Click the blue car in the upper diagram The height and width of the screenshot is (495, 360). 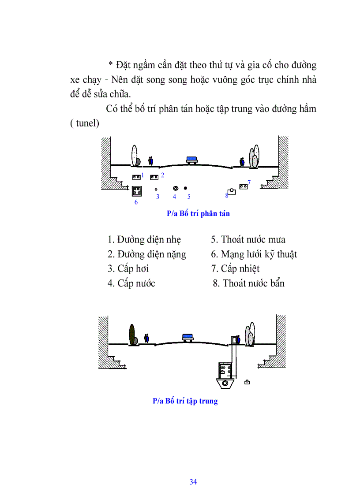click(192, 159)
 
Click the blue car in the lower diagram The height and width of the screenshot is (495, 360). click(188, 337)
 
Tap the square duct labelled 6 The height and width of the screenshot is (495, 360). click(137, 192)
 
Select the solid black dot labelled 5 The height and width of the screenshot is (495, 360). click(185, 188)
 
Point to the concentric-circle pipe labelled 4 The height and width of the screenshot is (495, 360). click(175, 188)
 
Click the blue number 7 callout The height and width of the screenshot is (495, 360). click(249, 182)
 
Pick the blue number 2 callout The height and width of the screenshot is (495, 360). click(162, 175)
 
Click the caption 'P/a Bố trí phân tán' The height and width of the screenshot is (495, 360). click(198, 213)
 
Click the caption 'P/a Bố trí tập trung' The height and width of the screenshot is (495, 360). click(185, 401)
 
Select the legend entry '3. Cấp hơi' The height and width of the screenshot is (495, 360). click(128, 268)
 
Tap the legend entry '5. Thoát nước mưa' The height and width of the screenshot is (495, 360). click(248, 239)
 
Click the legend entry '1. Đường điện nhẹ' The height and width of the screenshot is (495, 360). click(144, 239)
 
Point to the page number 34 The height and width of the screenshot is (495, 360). click(193, 482)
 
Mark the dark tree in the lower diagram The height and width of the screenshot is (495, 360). click(131, 334)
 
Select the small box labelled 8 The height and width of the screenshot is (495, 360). click(232, 192)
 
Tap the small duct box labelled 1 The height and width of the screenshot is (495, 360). click(136, 177)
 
